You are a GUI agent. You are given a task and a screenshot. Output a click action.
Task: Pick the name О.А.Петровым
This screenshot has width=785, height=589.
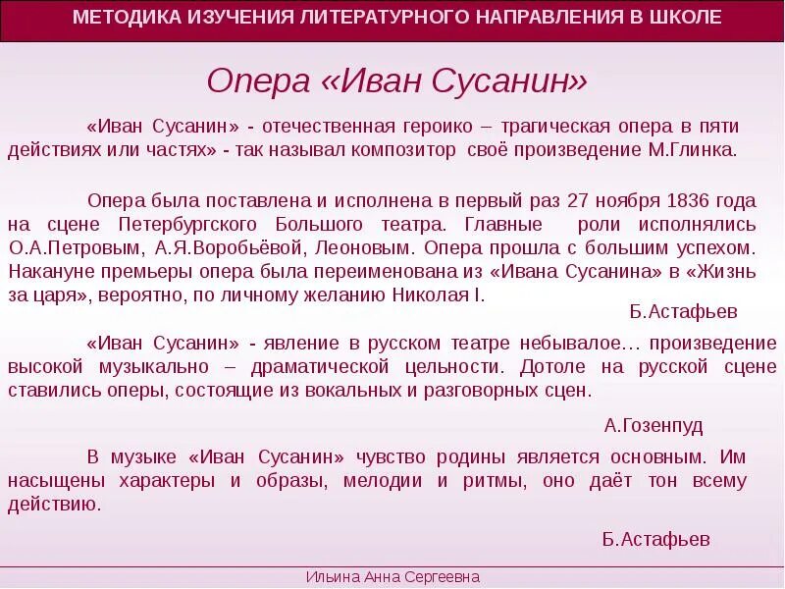pos(60,247)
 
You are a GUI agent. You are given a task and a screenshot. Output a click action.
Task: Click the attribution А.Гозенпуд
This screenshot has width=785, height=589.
pos(654,425)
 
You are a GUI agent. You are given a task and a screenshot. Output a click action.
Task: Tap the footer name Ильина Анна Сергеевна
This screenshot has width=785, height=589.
pos(392,577)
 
